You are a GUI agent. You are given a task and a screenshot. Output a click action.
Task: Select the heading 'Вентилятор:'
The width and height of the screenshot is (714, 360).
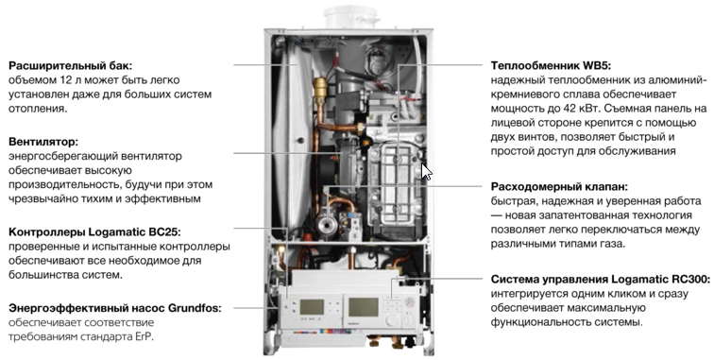[x=43, y=142]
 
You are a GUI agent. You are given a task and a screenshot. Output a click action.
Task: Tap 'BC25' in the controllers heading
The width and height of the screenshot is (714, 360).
[x=165, y=231]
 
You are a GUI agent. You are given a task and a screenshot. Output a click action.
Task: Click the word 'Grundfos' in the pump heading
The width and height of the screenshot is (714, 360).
[x=195, y=308]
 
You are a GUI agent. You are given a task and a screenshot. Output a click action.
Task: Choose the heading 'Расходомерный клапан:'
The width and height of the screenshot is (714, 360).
[x=560, y=187]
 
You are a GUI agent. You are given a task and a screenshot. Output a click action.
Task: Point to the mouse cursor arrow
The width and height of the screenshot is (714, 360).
[x=426, y=172]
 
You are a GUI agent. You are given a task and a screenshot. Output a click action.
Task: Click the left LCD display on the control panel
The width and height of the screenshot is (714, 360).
[x=312, y=307]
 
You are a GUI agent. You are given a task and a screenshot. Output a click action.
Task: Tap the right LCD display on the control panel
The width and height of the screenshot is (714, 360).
[x=364, y=307]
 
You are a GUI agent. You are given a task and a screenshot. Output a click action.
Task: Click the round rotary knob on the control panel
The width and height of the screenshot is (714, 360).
[x=392, y=320]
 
